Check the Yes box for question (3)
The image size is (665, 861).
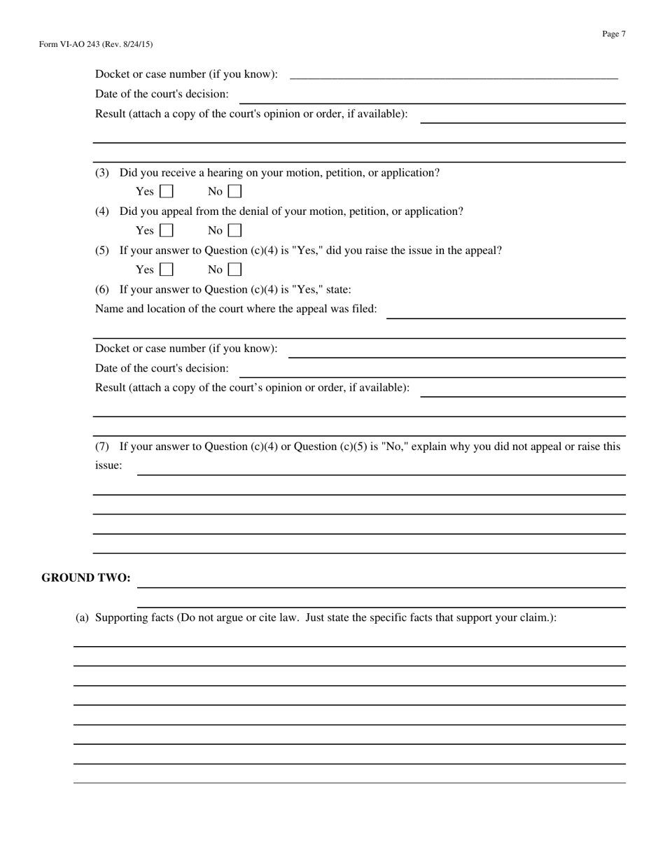[x=167, y=191]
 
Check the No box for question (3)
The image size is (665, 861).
[x=235, y=191]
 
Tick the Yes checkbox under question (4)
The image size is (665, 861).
[x=167, y=230]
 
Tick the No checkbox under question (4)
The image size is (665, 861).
[x=235, y=230]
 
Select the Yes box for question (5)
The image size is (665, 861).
[x=167, y=269]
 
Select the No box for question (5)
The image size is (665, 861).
[x=235, y=269]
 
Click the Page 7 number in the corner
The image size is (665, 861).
[x=613, y=34]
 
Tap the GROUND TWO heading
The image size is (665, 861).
[x=86, y=577]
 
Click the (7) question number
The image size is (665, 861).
[x=102, y=447]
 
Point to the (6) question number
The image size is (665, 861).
[x=102, y=290]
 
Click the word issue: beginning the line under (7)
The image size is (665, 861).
[x=108, y=465]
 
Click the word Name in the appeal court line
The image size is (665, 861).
[x=108, y=309]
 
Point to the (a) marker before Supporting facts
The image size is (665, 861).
[x=82, y=618]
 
